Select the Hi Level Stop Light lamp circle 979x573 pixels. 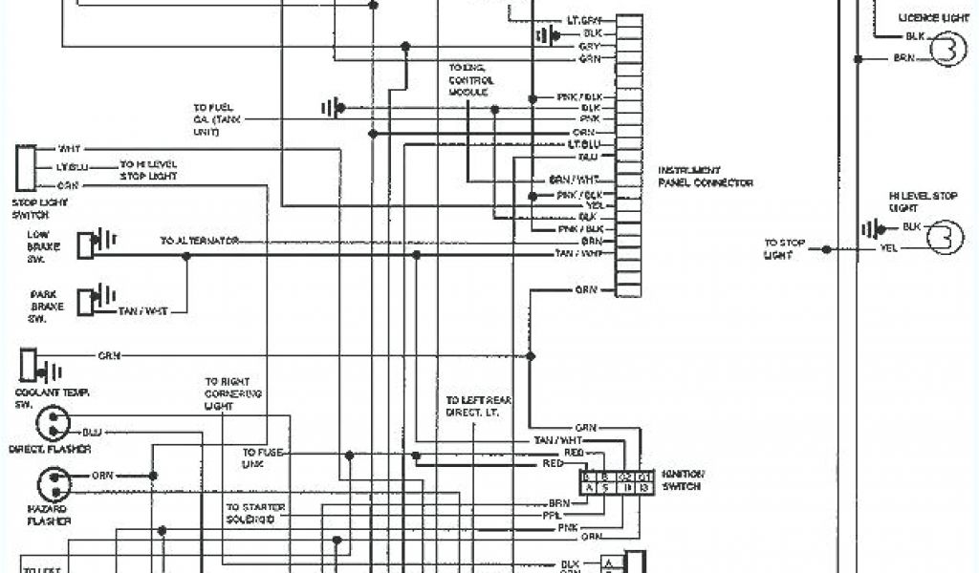[945, 237]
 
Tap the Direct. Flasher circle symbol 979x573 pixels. [51, 424]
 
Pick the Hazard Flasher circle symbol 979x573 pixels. [54, 483]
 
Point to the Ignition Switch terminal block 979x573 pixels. [617, 481]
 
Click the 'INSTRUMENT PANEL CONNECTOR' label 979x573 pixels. [705, 177]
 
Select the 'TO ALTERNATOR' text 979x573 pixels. [199, 241]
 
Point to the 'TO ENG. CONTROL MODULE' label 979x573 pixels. [470, 80]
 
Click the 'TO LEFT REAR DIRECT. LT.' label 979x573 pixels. [478, 406]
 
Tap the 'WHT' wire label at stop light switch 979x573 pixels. [70, 149]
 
